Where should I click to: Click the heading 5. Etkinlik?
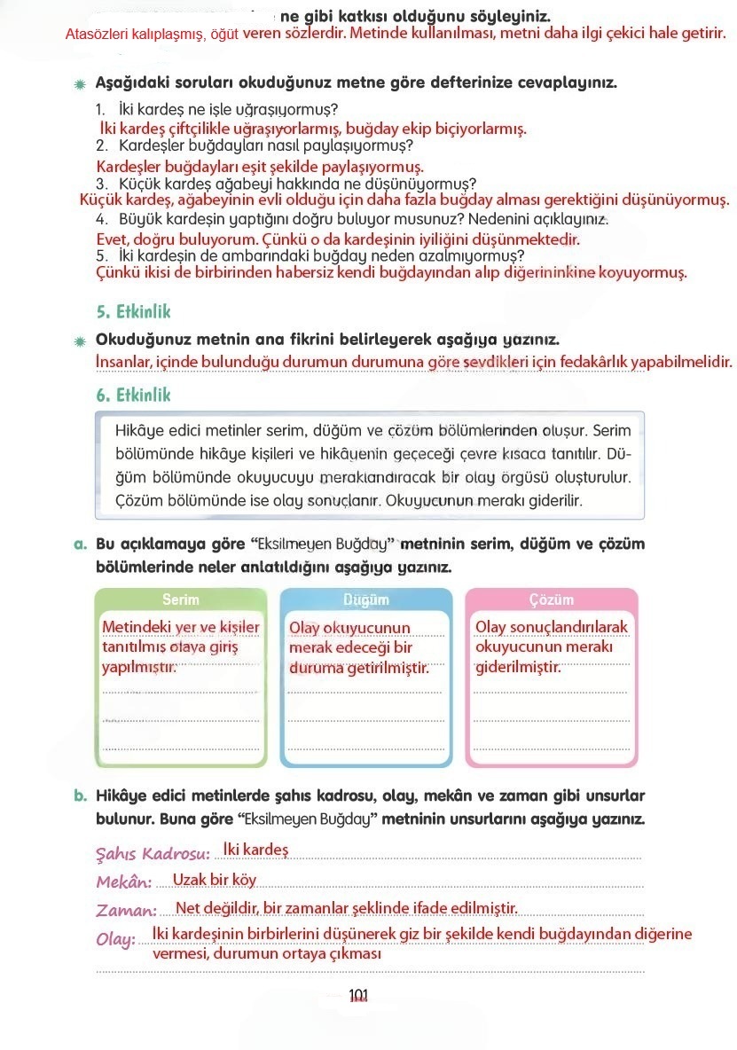click(x=133, y=312)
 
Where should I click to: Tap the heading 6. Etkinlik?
click(x=133, y=395)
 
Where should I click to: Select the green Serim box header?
click(x=181, y=599)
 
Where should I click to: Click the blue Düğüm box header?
click(x=365, y=599)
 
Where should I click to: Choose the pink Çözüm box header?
click(x=551, y=599)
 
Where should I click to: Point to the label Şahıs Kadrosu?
click(x=153, y=854)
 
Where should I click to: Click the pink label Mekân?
click(x=124, y=882)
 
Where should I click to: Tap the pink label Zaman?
click(x=127, y=911)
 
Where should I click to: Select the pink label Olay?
click(x=115, y=940)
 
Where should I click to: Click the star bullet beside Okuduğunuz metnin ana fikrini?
click(x=80, y=341)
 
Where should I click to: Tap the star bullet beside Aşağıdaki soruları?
click(x=80, y=84)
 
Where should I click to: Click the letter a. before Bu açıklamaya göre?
click(x=80, y=544)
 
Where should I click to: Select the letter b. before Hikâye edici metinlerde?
click(x=80, y=795)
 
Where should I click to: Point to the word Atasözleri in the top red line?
click(x=95, y=35)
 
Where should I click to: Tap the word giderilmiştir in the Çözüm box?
click(x=518, y=666)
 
